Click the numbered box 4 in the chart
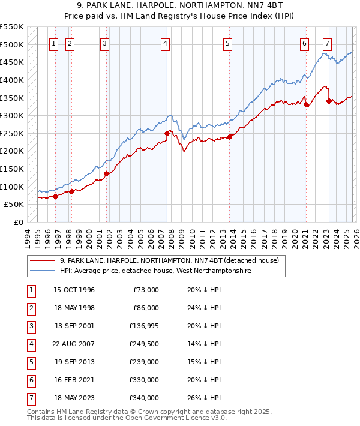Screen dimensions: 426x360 pyautogui.click(x=164, y=43)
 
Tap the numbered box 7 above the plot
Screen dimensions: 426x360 pyautogui.click(x=327, y=43)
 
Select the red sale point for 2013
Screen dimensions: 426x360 pyautogui.click(x=229, y=137)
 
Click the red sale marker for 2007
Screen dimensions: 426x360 pyautogui.click(x=167, y=133)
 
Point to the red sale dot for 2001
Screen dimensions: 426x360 pyautogui.click(x=106, y=173)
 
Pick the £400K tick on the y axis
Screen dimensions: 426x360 pyautogui.click(x=14, y=80)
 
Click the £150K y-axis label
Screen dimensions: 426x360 pyautogui.click(x=14, y=169)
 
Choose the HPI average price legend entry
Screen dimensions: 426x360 pyautogui.click(x=155, y=271)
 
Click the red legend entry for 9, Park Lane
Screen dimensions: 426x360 pyautogui.click(x=169, y=261)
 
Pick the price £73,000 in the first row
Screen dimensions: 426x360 pyautogui.click(x=146, y=290)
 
